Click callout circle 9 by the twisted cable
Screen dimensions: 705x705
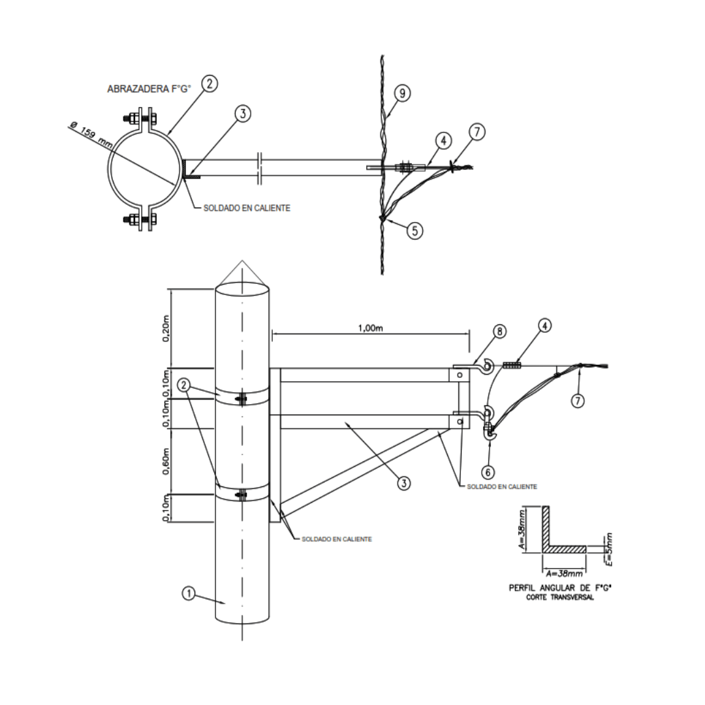click(x=403, y=94)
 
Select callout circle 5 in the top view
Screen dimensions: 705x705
click(x=415, y=230)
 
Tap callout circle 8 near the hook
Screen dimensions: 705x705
click(x=499, y=332)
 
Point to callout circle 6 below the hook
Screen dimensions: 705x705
click(x=489, y=471)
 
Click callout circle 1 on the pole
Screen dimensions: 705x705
click(x=188, y=593)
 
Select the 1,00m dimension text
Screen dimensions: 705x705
click(x=370, y=328)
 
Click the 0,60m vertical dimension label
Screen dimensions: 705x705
click(x=165, y=461)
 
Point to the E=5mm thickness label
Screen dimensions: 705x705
click(x=608, y=548)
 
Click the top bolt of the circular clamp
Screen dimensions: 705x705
click(x=138, y=119)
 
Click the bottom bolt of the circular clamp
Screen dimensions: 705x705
click(x=138, y=220)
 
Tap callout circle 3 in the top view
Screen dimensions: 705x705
click(x=242, y=113)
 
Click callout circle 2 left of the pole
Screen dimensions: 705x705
click(x=185, y=386)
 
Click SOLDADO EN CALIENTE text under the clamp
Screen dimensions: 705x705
click(x=247, y=208)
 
